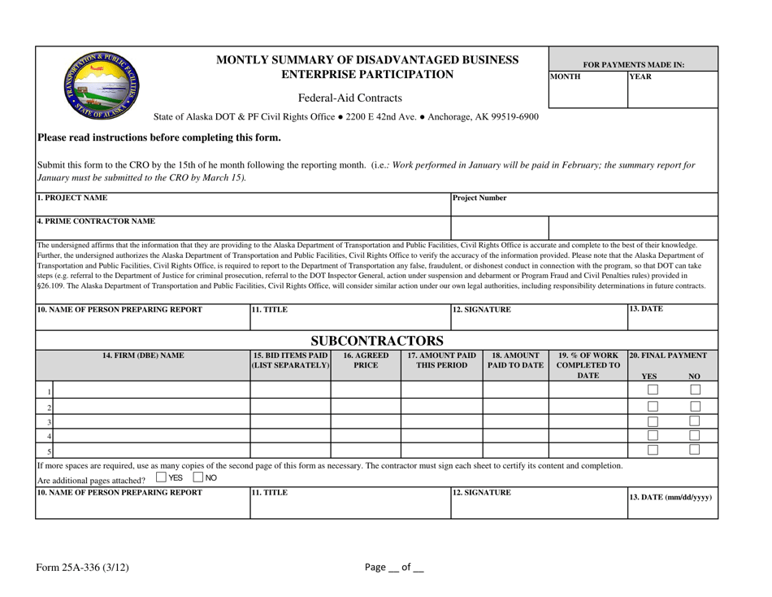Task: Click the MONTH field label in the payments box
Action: [566, 77]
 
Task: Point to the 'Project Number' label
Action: [479, 198]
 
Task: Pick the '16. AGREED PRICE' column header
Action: [366, 361]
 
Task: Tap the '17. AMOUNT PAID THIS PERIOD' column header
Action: [441, 361]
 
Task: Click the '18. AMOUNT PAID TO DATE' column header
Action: [516, 361]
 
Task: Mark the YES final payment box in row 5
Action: [653, 450]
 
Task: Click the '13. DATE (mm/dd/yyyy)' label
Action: [670, 496]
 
